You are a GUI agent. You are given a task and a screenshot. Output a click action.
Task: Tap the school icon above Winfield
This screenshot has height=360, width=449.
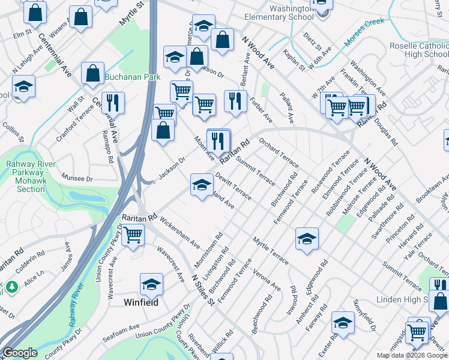tap(152, 284)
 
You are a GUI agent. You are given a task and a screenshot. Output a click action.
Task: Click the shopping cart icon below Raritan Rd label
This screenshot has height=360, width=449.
tap(133, 235)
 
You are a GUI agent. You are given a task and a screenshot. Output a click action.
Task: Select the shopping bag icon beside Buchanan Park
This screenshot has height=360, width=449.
tap(93, 74)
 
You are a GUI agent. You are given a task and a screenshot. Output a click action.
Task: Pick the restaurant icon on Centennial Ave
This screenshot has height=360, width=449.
tap(112, 103)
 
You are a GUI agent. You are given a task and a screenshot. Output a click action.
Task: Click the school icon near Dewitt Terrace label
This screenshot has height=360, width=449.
tap(202, 184)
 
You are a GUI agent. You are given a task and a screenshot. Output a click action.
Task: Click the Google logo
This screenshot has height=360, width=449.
tap(20, 353)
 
